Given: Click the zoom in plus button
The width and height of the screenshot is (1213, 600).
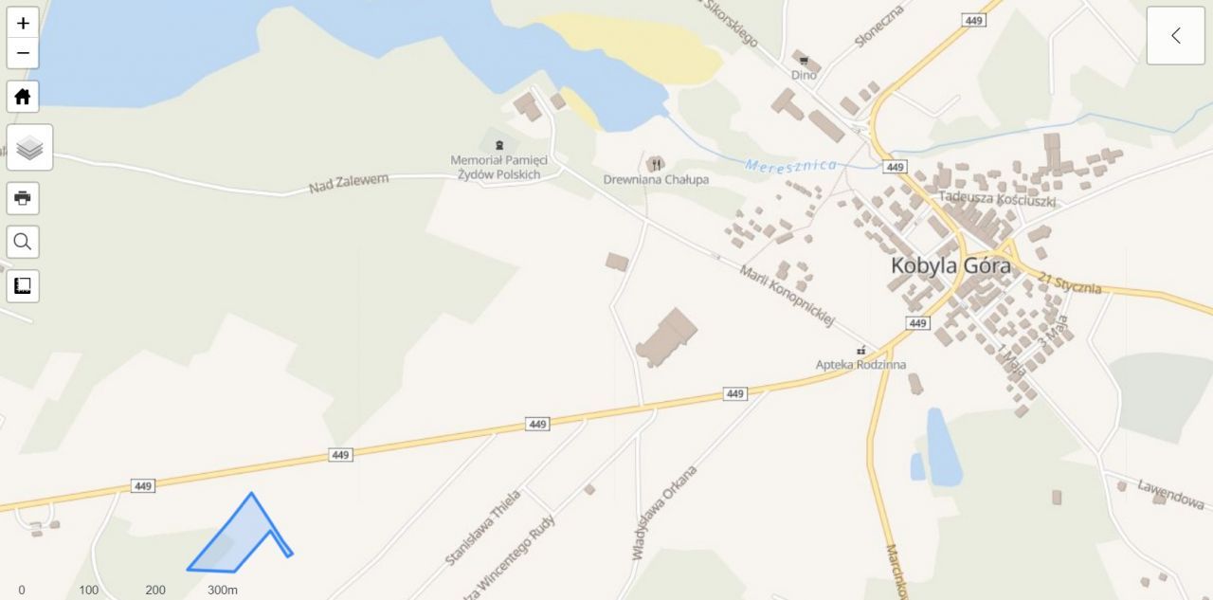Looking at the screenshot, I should (x=23, y=24).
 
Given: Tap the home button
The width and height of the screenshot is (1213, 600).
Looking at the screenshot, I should (x=23, y=97).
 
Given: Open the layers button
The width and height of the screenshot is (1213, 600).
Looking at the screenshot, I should (x=29, y=148).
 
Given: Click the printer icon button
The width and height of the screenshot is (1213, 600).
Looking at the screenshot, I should (x=23, y=198).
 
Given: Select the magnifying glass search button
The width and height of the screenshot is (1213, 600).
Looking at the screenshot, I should (x=23, y=242).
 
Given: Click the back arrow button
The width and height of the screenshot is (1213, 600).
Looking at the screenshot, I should (x=1175, y=36).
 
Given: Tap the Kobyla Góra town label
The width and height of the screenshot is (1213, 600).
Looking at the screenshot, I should (x=950, y=265).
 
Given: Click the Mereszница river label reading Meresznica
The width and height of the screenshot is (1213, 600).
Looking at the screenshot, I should (x=791, y=165).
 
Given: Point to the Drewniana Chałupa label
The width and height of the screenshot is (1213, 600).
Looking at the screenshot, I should (x=656, y=179).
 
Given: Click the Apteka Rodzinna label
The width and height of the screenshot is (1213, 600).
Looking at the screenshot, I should (x=860, y=364).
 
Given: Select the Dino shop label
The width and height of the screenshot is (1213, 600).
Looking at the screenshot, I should (x=804, y=74).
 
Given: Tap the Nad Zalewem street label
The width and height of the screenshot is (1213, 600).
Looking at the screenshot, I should (x=349, y=183).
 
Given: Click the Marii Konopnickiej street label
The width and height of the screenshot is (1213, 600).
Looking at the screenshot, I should (x=787, y=296).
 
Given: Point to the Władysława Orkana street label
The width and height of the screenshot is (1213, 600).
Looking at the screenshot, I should (x=665, y=512).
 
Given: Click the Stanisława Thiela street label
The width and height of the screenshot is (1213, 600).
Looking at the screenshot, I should (x=483, y=527).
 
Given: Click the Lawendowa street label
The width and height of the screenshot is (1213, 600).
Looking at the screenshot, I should (x=1170, y=494).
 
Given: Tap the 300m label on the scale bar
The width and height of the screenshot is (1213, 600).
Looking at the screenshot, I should (x=223, y=590).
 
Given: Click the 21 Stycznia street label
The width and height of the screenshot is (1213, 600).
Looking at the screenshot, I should (x=1069, y=282).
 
